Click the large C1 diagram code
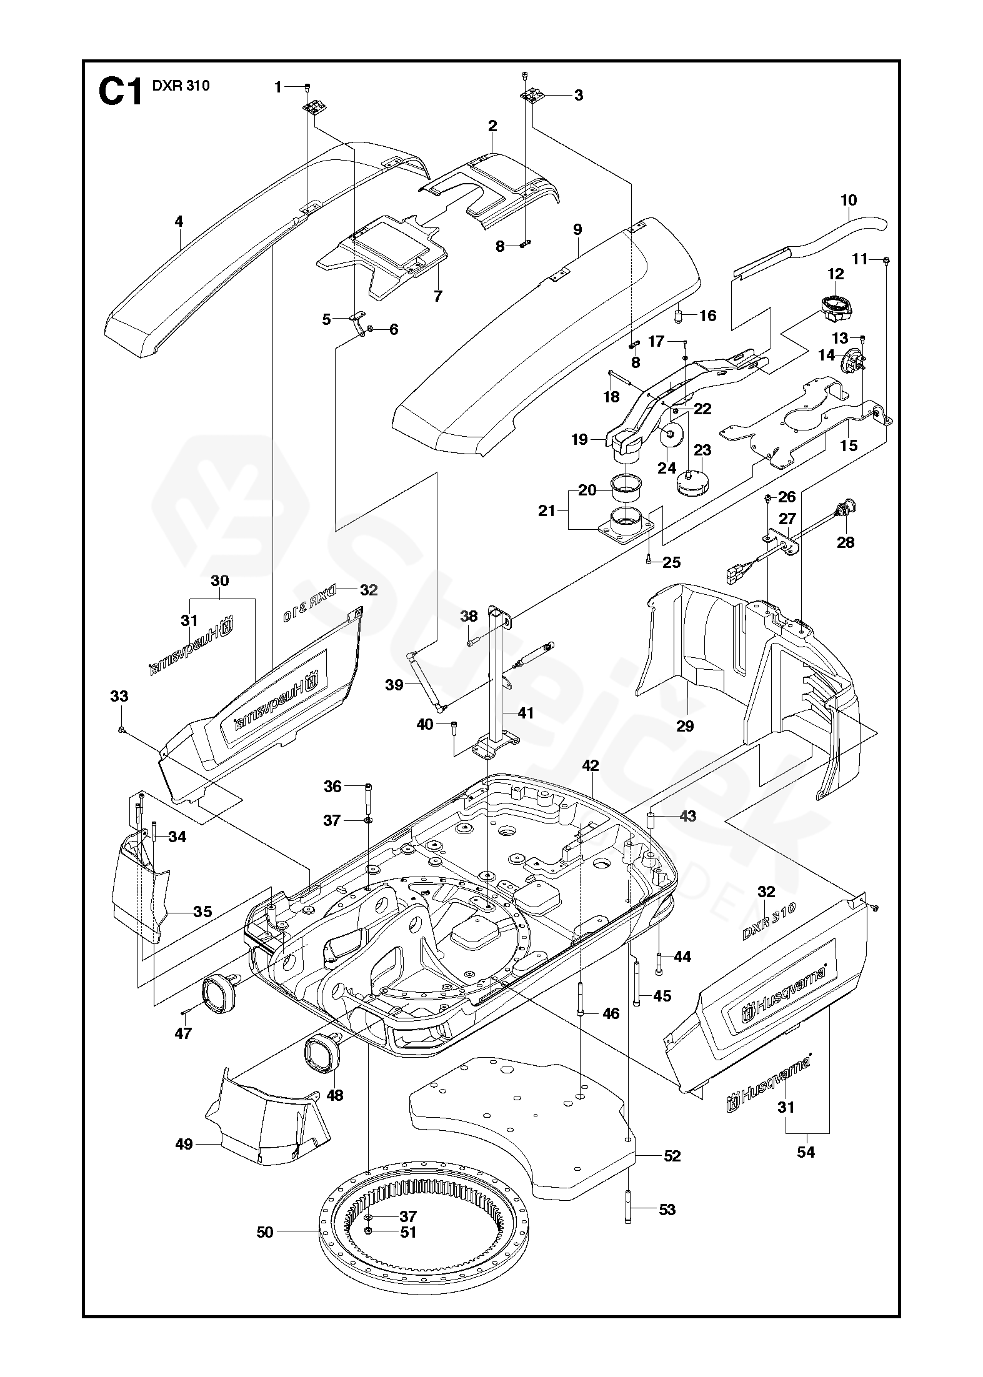pyautogui.click(x=121, y=92)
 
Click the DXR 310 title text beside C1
pyautogui.click(x=181, y=86)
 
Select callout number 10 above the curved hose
pyautogui.click(x=849, y=201)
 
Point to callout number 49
pyautogui.click(x=184, y=1144)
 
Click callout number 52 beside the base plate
pyautogui.click(x=672, y=1156)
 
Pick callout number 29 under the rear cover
pyautogui.click(x=685, y=725)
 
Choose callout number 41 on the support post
pyautogui.click(x=526, y=712)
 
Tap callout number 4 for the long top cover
pyautogui.click(x=179, y=221)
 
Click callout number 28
pyautogui.click(x=846, y=542)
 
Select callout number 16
pyautogui.click(x=707, y=316)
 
